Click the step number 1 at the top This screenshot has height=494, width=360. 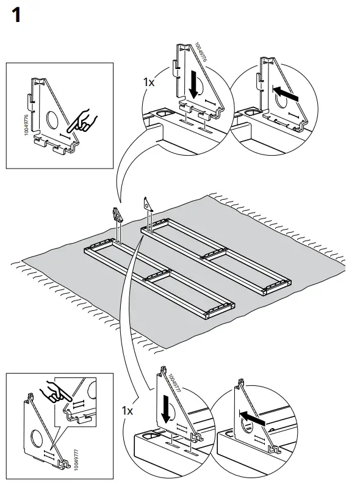[x=17, y=15]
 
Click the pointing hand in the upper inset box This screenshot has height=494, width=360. [x=82, y=122]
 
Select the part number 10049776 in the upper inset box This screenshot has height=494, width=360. [x=26, y=125]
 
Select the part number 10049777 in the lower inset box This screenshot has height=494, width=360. [x=76, y=460]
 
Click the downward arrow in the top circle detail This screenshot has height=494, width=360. [x=194, y=84]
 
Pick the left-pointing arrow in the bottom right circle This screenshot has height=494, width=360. [x=253, y=416]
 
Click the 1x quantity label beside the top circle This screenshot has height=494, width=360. [x=149, y=82]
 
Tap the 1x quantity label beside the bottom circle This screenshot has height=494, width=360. [x=128, y=411]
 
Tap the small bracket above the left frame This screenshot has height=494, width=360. [x=117, y=214]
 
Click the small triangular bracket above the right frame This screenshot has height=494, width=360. [x=148, y=204]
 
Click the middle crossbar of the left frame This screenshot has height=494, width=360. [x=157, y=275]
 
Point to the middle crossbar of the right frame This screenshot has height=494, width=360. [x=215, y=253]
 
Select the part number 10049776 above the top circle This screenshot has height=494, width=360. [x=201, y=52]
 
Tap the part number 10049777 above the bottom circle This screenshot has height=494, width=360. [x=175, y=382]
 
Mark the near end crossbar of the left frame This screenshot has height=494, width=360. [x=220, y=310]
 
